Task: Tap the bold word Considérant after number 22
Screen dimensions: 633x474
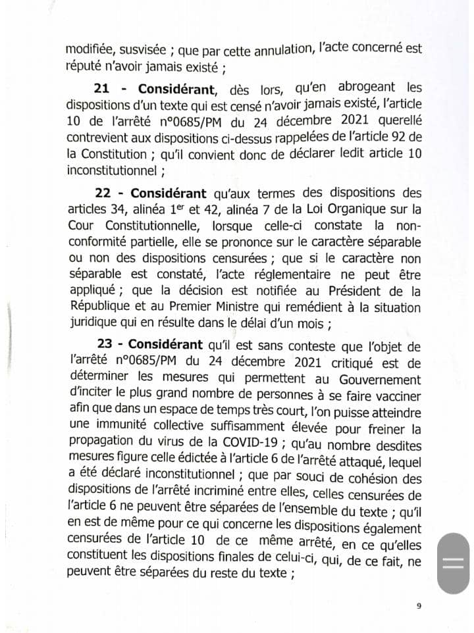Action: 168,194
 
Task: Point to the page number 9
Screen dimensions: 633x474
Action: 419,606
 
